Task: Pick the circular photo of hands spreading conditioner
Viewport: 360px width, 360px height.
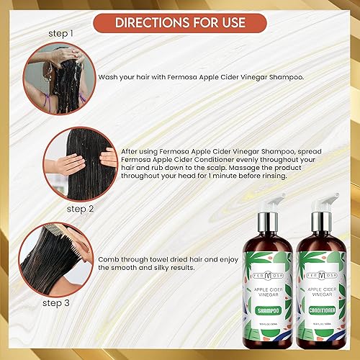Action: pyautogui.click(x=78, y=164)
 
